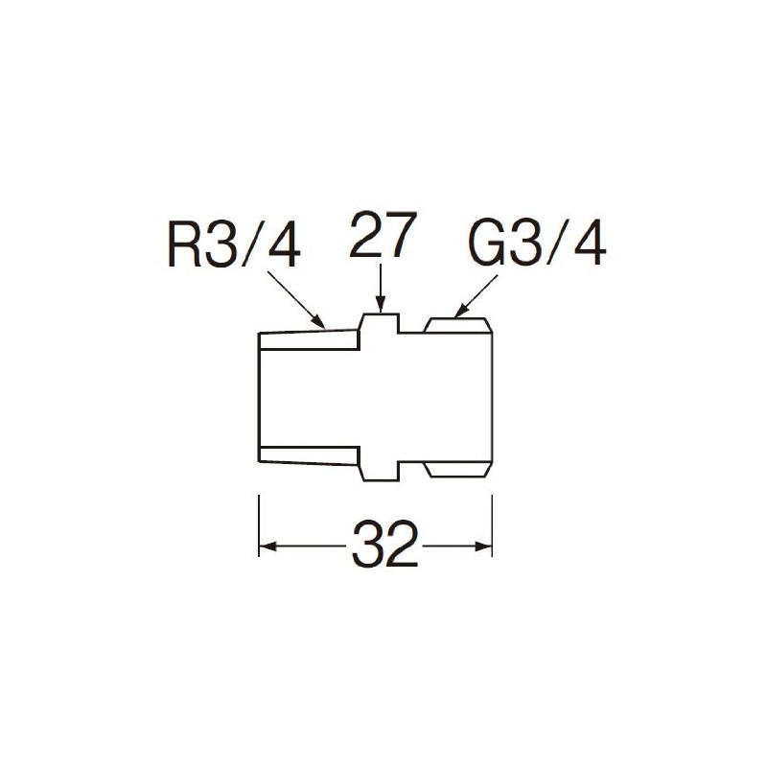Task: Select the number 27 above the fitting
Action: click(383, 234)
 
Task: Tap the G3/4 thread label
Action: click(537, 245)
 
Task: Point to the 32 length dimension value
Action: click(385, 544)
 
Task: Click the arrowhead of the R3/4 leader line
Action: click(320, 323)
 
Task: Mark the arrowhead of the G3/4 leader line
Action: click(459, 313)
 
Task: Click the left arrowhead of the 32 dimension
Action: click(267, 546)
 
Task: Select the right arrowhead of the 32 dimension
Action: click(483, 546)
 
